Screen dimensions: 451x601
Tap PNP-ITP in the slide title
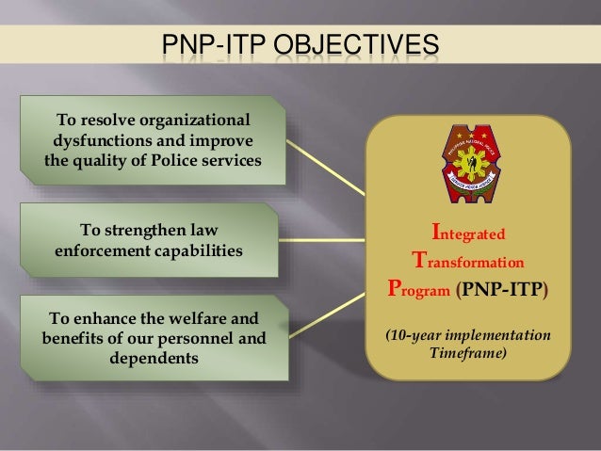tap(214, 44)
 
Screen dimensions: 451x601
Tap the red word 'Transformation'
tap(467, 259)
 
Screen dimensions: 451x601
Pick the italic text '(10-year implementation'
tap(468, 335)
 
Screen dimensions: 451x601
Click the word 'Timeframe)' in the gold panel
tap(467, 353)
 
